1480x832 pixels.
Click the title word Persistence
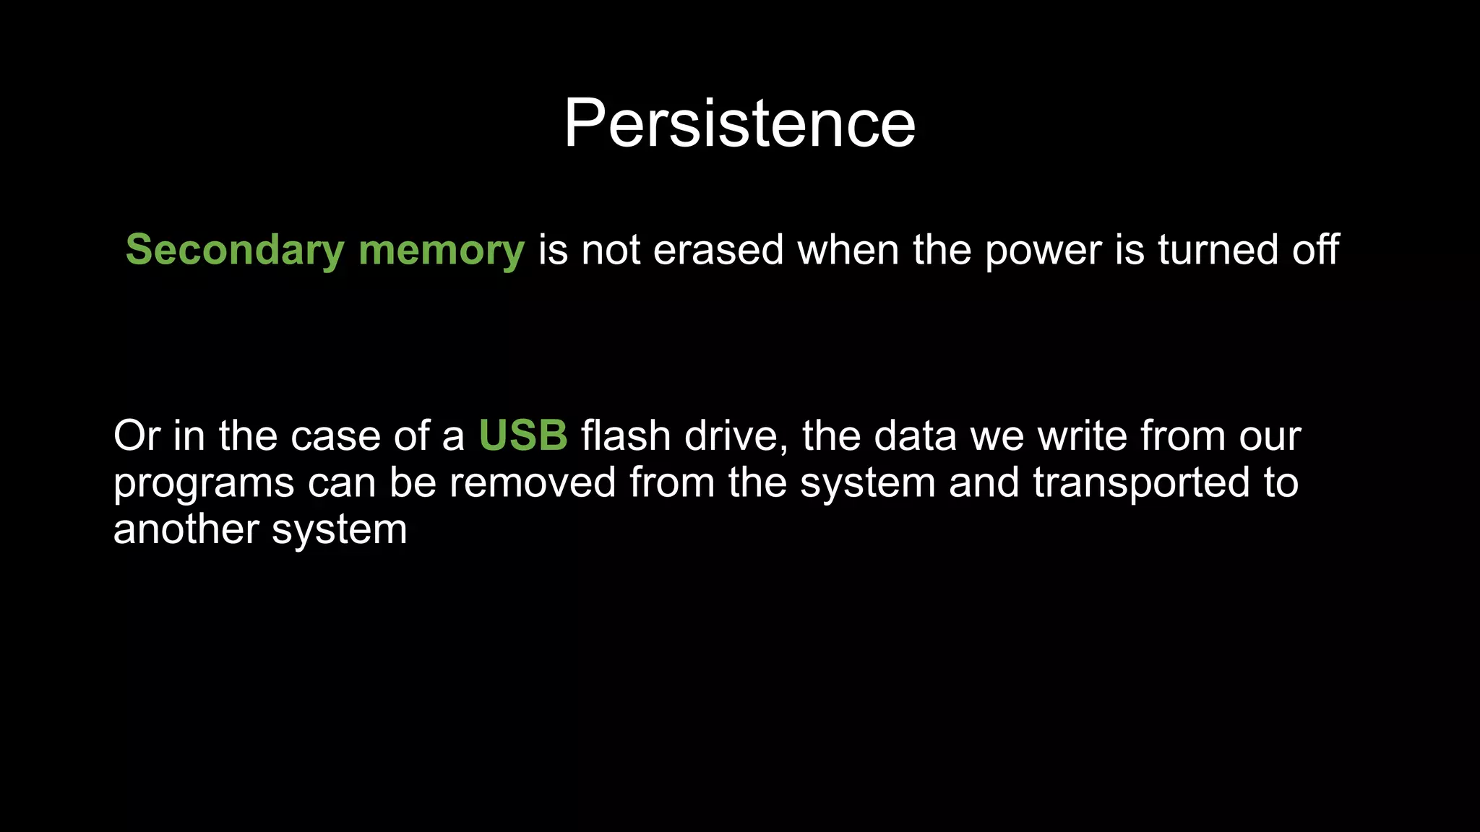[739, 123]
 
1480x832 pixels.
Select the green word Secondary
[235, 251]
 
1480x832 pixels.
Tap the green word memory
[441, 251]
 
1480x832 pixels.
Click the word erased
[718, 251]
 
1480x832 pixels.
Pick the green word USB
[523, 436]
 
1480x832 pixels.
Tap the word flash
[626, 436]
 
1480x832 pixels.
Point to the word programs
[204, 484]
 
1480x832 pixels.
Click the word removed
[532, 482]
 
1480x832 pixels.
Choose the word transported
[1141, 484]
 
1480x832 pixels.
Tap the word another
[186, 530]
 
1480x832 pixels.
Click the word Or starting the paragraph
[137, 436]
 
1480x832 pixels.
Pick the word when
[848, 251]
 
